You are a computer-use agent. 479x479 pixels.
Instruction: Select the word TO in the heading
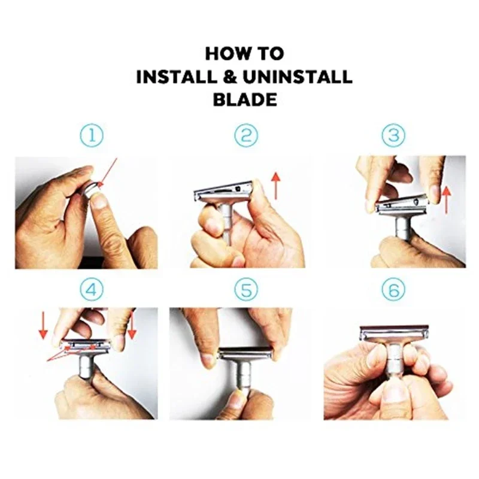(x=270, y=53)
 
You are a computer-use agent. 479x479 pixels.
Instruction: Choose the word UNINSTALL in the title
(x=301, y=77)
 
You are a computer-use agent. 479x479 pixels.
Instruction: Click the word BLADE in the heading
(x=245, y=99)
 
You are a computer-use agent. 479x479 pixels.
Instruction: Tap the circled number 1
(x=92, y=135)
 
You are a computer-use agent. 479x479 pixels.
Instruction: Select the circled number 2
(x=245, y=135)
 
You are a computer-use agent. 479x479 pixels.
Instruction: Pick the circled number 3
(x=393, y=135)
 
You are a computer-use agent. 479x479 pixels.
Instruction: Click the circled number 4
(x=92, y=289)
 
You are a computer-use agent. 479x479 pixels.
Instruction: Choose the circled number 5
(x=245, y=289)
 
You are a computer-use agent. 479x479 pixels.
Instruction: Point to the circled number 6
(x=393, y=289)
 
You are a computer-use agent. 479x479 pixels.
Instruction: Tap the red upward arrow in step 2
(x=275, y=185)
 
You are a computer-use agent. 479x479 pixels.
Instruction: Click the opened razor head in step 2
(x=223, y=193)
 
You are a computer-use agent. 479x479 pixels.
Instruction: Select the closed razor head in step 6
(x=394, y=333)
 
